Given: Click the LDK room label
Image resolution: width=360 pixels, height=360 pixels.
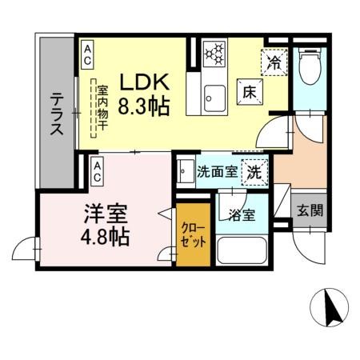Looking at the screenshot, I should [x=144, y=82].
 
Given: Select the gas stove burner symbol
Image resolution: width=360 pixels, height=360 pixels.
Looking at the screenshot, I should [x=214, y=54].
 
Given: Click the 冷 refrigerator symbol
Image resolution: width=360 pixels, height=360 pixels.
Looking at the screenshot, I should [x=274, y=61].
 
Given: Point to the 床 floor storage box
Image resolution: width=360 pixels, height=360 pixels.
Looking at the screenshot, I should [x=249, y=92].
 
